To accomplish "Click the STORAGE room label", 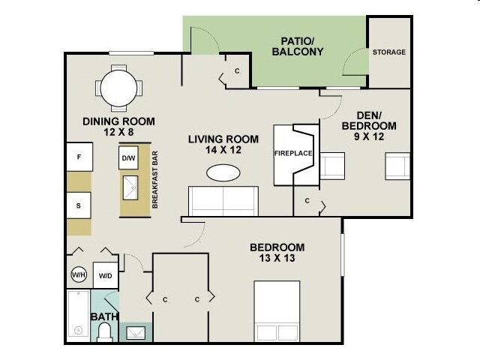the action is (x=388, y=52).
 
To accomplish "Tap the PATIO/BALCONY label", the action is (x=298, y=46).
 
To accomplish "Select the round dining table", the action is (x=118, y=88).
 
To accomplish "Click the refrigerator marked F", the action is (x=79, y=157).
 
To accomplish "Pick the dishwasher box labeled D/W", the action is (x=128, y=157).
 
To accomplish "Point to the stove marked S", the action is (x=79, y=205).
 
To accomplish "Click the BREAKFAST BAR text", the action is (x=155, y=180).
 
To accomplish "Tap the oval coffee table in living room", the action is (x=223, y=173).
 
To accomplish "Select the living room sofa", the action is (x=223, y=201).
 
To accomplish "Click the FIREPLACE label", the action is (x=293, y=153).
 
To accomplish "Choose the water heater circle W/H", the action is (x=79, y=274).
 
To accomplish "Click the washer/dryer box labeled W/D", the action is (x=105, y=275).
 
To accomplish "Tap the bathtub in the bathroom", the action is (x=78, y=316).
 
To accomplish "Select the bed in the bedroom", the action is (x=277, y=311).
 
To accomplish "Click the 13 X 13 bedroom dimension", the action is (x=277, y=258).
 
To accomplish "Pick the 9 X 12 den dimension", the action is (x=369, y=136).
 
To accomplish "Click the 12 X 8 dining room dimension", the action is (x=118, y=132).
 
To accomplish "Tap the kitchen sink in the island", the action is (x=130, y=187).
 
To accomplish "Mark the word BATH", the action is (x=104, y=316).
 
